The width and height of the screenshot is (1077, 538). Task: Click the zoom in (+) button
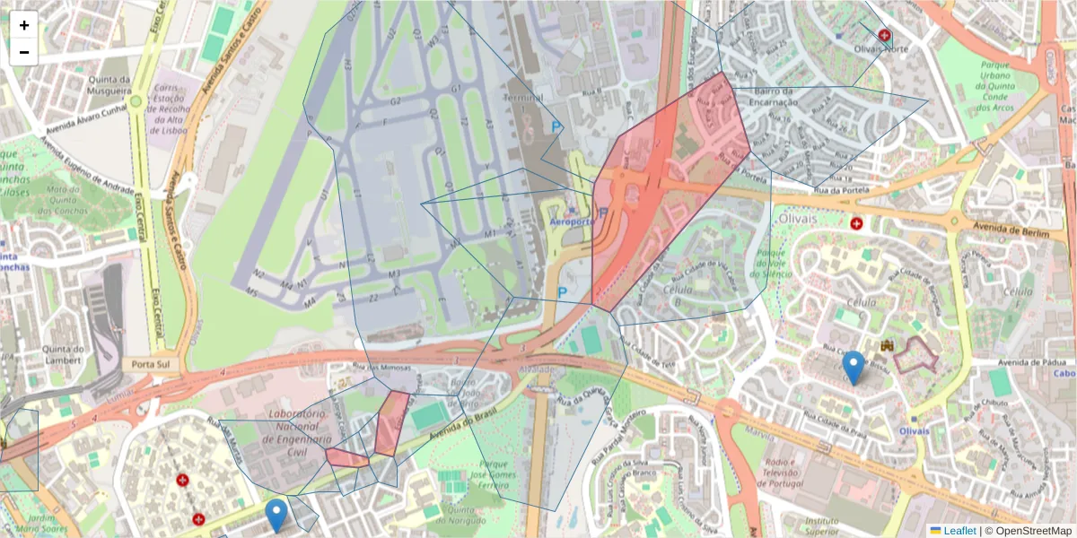click(24, 25)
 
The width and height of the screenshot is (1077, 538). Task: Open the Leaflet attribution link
click(959, 531)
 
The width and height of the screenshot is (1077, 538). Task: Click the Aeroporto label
click(570, 221)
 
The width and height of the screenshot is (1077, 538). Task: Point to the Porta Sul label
click(151, 365)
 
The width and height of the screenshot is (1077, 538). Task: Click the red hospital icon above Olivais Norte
click(885, 35)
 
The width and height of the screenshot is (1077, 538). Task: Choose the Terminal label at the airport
click(524, 97)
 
